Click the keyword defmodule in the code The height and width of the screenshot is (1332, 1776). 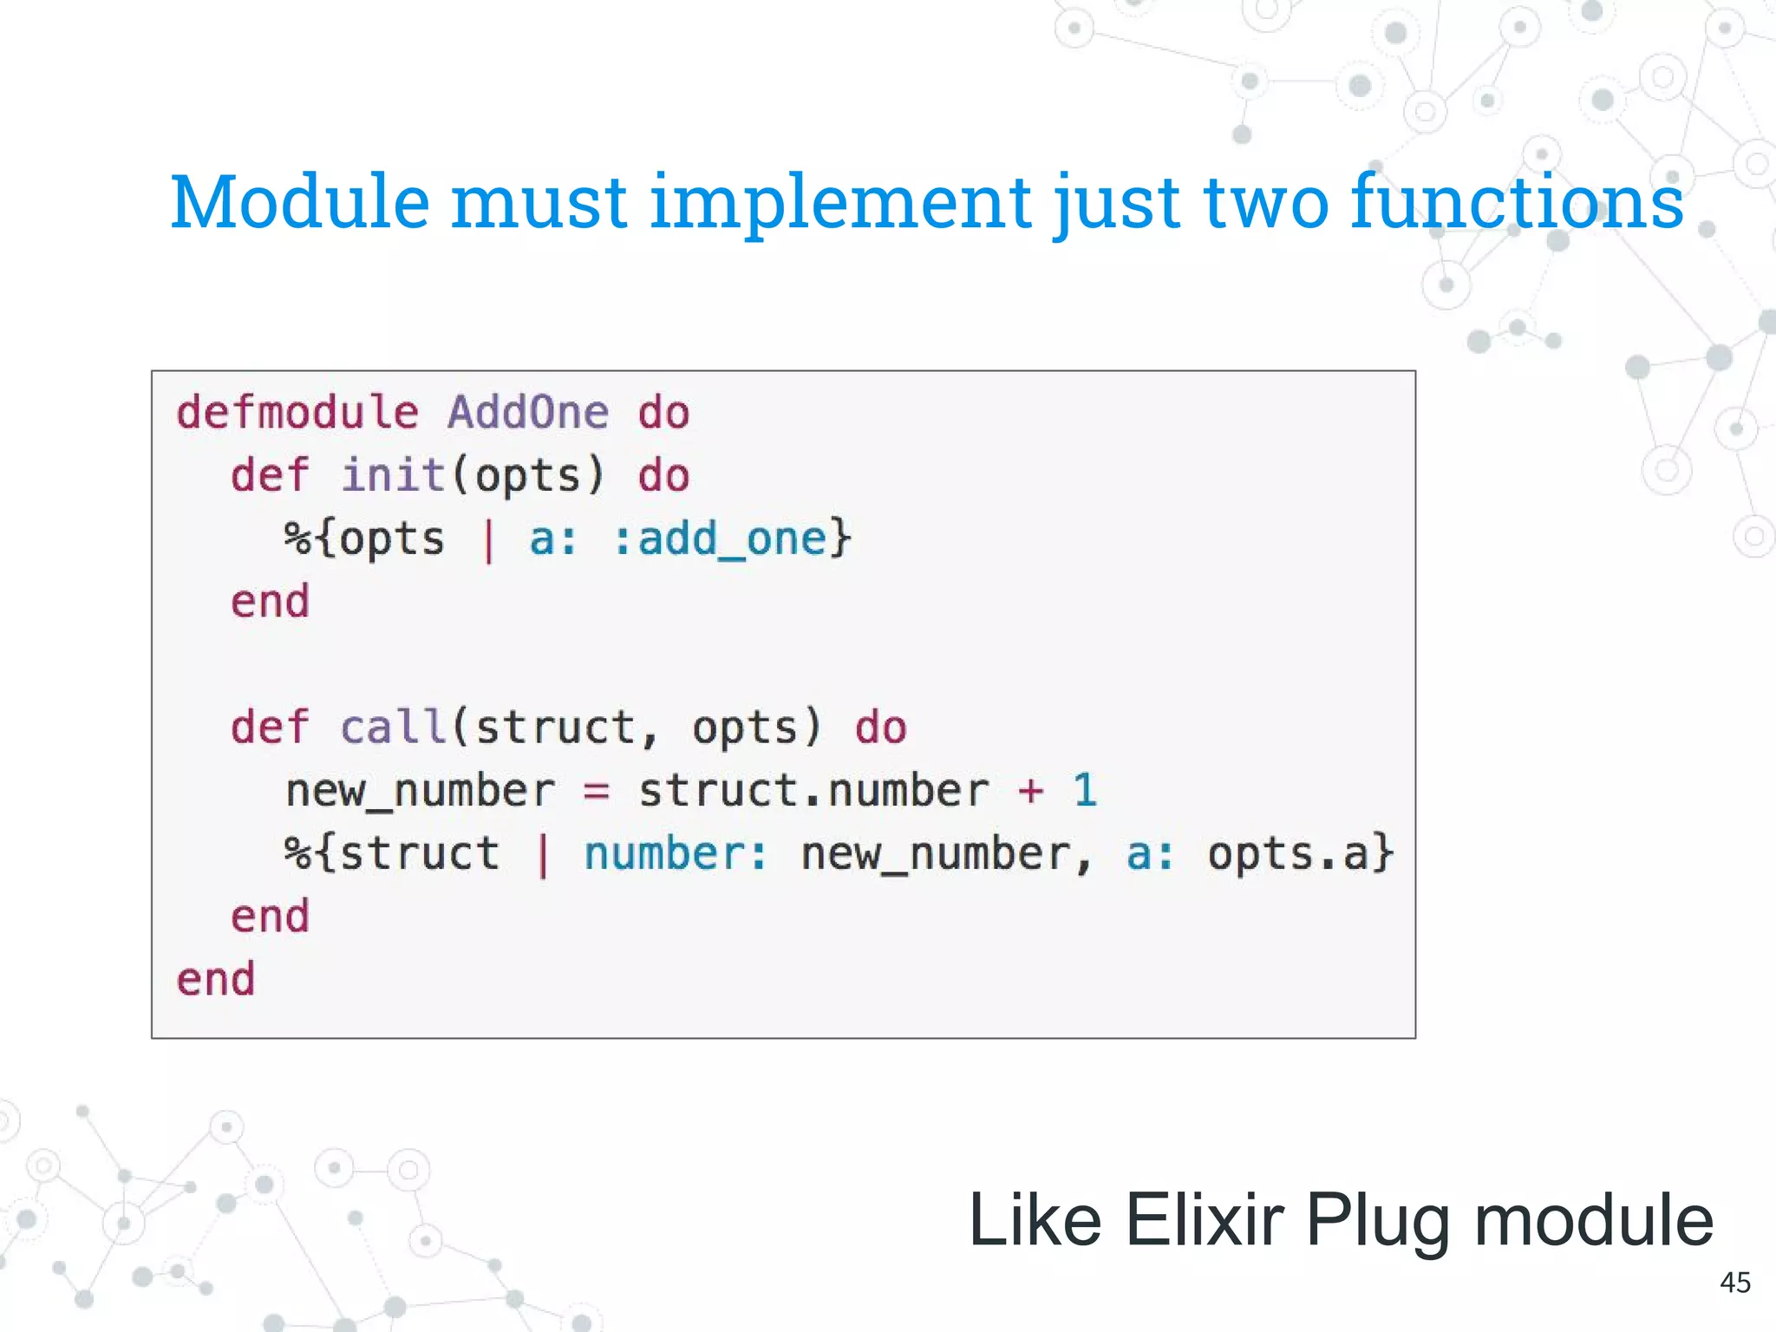pos(297,412)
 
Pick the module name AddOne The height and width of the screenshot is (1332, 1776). pos(527,412)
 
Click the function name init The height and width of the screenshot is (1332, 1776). pos(393,475)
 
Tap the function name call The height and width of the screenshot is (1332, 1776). pos(393,727)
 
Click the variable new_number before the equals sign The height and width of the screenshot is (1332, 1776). pos(420,791)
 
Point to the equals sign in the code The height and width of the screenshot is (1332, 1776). pos(597,791)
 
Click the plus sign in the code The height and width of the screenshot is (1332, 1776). pos(1030,791)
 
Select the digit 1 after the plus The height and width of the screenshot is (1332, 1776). pos(1085,790)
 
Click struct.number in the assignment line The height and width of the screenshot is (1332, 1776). pos(813,791)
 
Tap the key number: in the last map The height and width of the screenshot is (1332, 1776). pos(676,854)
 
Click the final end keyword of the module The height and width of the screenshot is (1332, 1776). pos(216,980)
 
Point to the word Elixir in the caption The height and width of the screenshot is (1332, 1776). pos(1205,1220)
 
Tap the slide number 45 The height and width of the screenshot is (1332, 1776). pos(1735,1283)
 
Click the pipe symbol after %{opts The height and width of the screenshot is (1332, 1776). pos(488,539)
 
